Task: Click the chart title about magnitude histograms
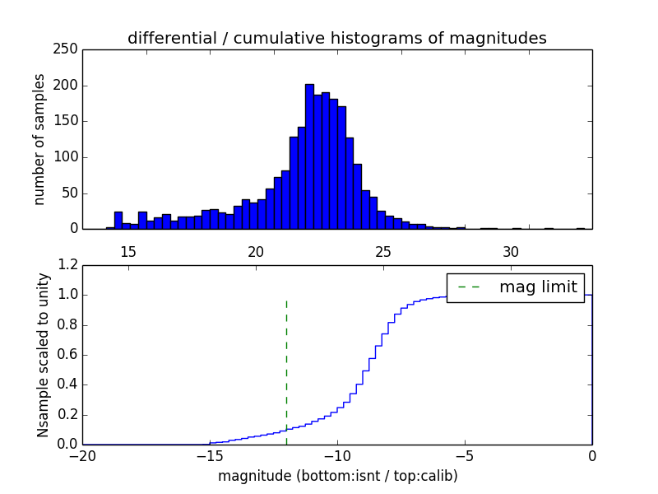[x=336, y=38]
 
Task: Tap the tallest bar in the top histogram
[x=309, y=156]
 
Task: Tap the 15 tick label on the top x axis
[x=127, y=251]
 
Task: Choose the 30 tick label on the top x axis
[x=511, y=251]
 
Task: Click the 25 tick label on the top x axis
[x=383, y=251]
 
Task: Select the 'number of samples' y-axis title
[x=39, y=138]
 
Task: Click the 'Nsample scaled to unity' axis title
[x=43, y=354]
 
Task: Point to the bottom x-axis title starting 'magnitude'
[x=337, y=476]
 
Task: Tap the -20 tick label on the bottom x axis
[x=82, y=455]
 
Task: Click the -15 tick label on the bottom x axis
[x=209, y=455]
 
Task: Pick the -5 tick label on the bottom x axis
[x=464, y=455]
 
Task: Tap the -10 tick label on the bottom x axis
[x=336, y=455]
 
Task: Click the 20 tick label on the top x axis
[x=256, y=251]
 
